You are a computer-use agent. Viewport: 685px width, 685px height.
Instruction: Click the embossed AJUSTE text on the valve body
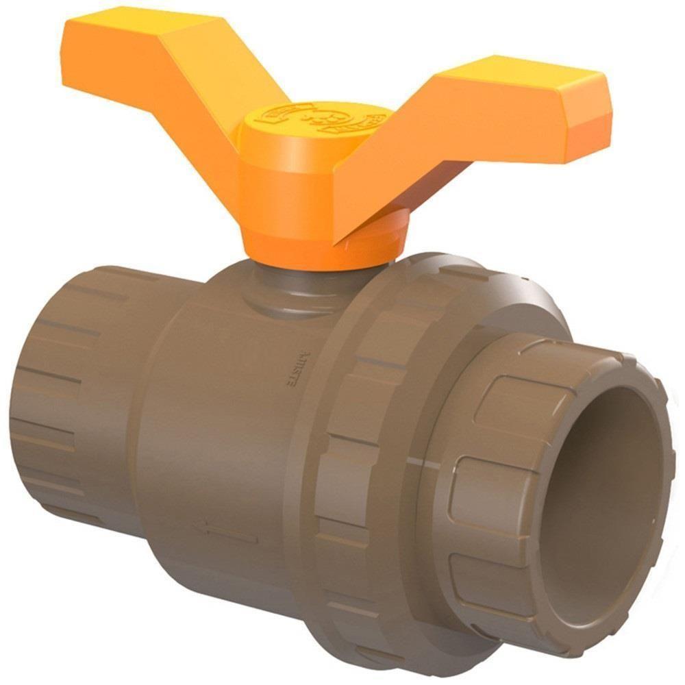290,370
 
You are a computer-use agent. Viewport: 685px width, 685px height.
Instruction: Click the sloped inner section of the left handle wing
206,103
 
